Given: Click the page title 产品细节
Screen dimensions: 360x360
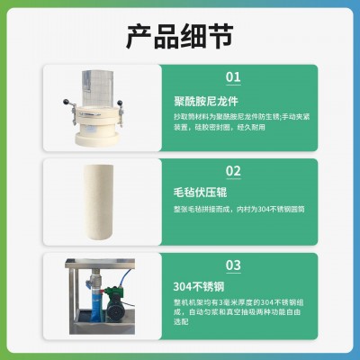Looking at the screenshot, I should point(180,36).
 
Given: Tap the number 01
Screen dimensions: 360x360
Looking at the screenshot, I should point(232,77).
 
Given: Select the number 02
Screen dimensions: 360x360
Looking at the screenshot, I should point(232,171).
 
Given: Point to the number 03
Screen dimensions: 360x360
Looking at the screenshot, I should point(232,265).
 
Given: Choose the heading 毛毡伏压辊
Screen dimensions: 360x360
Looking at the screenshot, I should point(200,193).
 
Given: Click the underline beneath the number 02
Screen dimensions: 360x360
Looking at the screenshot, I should point(232,180).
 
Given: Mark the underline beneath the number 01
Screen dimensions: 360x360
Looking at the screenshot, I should point(232,86).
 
